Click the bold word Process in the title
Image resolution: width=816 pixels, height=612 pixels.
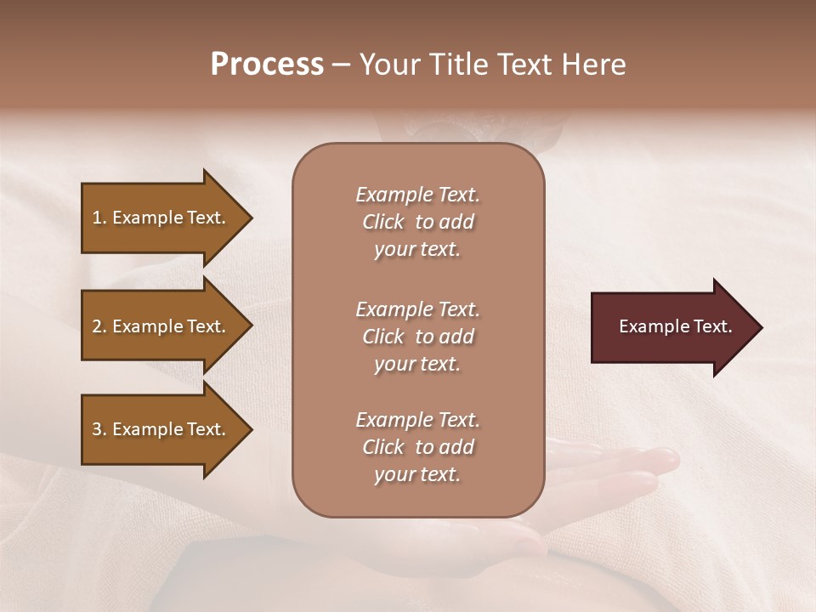267,65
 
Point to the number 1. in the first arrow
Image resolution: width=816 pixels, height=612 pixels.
99,218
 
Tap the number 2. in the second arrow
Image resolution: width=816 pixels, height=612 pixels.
99,326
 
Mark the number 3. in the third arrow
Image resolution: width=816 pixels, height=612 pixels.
99,429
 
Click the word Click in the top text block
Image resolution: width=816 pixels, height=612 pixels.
383,222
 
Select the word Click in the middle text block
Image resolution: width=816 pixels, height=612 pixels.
383,337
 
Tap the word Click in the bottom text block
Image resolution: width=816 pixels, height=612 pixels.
383,447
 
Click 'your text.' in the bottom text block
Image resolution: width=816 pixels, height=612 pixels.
417,474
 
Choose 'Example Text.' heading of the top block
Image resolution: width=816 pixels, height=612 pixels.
417,195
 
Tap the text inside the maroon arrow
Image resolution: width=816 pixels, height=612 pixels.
675,326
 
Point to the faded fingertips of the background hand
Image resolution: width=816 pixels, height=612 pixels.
659,460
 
